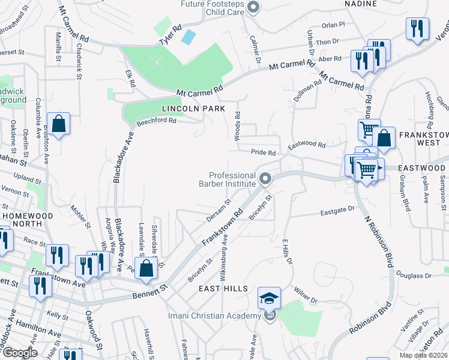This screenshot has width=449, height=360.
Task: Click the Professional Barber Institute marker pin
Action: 265,178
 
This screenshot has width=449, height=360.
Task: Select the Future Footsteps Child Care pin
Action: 253,8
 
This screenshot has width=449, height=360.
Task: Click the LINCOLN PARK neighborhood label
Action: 193,109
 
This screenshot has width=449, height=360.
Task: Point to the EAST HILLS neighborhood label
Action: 223,289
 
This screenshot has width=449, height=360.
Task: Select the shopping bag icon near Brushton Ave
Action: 59,125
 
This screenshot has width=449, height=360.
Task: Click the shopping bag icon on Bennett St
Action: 146,269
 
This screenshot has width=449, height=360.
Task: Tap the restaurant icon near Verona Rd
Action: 417,29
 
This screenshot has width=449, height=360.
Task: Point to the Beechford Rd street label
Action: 156,121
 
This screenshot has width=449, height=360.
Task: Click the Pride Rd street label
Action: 263,153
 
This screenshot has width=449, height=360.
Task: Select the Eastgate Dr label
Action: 338,211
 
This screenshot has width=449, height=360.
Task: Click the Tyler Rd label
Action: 170,35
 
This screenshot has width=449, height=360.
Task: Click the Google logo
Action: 19,353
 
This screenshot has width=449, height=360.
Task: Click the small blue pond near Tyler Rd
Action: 188,37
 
